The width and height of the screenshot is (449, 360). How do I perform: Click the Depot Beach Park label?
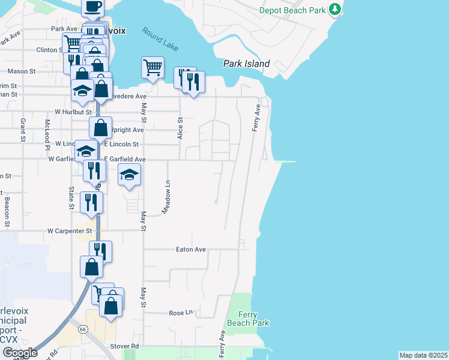tap(294, 10)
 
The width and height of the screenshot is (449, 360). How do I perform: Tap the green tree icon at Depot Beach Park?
tap(335, 10)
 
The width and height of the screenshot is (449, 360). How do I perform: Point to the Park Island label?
tap(247, 64)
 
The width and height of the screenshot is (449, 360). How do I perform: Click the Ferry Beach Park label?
tap(247, 319)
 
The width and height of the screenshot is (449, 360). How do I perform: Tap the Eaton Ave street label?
tap(191, 249)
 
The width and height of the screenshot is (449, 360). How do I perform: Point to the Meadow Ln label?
tap(168, 197)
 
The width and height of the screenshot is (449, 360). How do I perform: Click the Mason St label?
tap(22, 71)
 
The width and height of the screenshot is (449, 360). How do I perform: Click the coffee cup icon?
tap(92, 7)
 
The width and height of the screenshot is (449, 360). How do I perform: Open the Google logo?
tap(20, 353)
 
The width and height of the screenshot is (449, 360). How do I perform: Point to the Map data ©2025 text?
tap(424, 355)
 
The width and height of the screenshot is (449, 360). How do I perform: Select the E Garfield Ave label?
tap(125, 160)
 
